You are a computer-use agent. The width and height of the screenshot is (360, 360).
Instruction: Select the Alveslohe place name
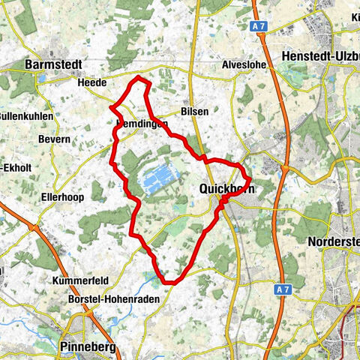click(x=243, y=64)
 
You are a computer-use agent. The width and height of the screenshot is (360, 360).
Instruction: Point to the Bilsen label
click(x=193, y=111)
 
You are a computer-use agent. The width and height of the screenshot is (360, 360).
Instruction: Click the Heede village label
click(x=92, y=82)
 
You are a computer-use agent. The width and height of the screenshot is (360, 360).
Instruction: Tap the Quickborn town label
click(x=227, y=190)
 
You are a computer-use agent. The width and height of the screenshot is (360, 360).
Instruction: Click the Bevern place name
click(x=55, y=139)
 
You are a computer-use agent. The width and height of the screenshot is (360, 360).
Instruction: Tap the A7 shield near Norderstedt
click(x=282, y=289)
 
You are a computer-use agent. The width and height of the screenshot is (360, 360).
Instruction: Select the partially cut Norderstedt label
click(x=334, y=241)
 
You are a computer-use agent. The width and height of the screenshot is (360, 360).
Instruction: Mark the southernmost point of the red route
click(x=170, y=283)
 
